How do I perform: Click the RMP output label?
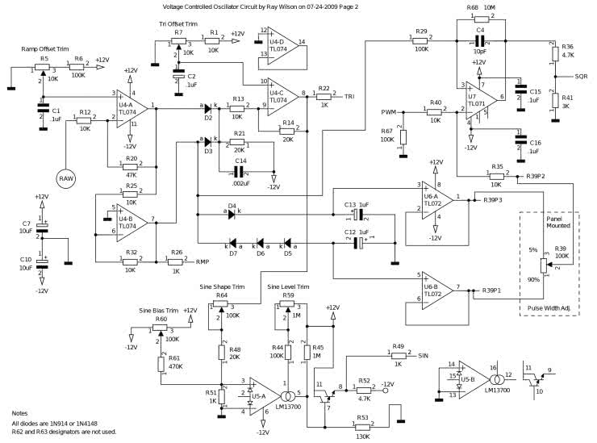click(202, 261)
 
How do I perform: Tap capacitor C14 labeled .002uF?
click(240, 170)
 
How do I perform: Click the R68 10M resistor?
click(478, 17)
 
